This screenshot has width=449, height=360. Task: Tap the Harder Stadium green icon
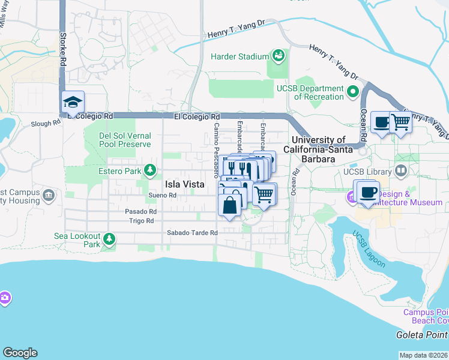click(x=278, y=56)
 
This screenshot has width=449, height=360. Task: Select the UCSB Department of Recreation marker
click(x=352, y=93)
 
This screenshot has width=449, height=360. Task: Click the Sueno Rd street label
click(x=162, y=196)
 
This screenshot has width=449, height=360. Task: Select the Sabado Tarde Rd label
click(x=191, y=233)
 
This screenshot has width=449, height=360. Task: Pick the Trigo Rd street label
click(x=142, y=221)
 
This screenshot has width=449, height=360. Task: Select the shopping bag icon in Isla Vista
click(x=230, y=205)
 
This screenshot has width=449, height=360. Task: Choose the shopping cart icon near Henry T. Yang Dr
click(x=400, y=122)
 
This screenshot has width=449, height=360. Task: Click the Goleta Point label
click(x=422, y=335)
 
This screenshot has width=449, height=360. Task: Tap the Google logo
click(x=20, y=353)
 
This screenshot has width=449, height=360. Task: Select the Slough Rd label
click(x=46, y=123)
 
